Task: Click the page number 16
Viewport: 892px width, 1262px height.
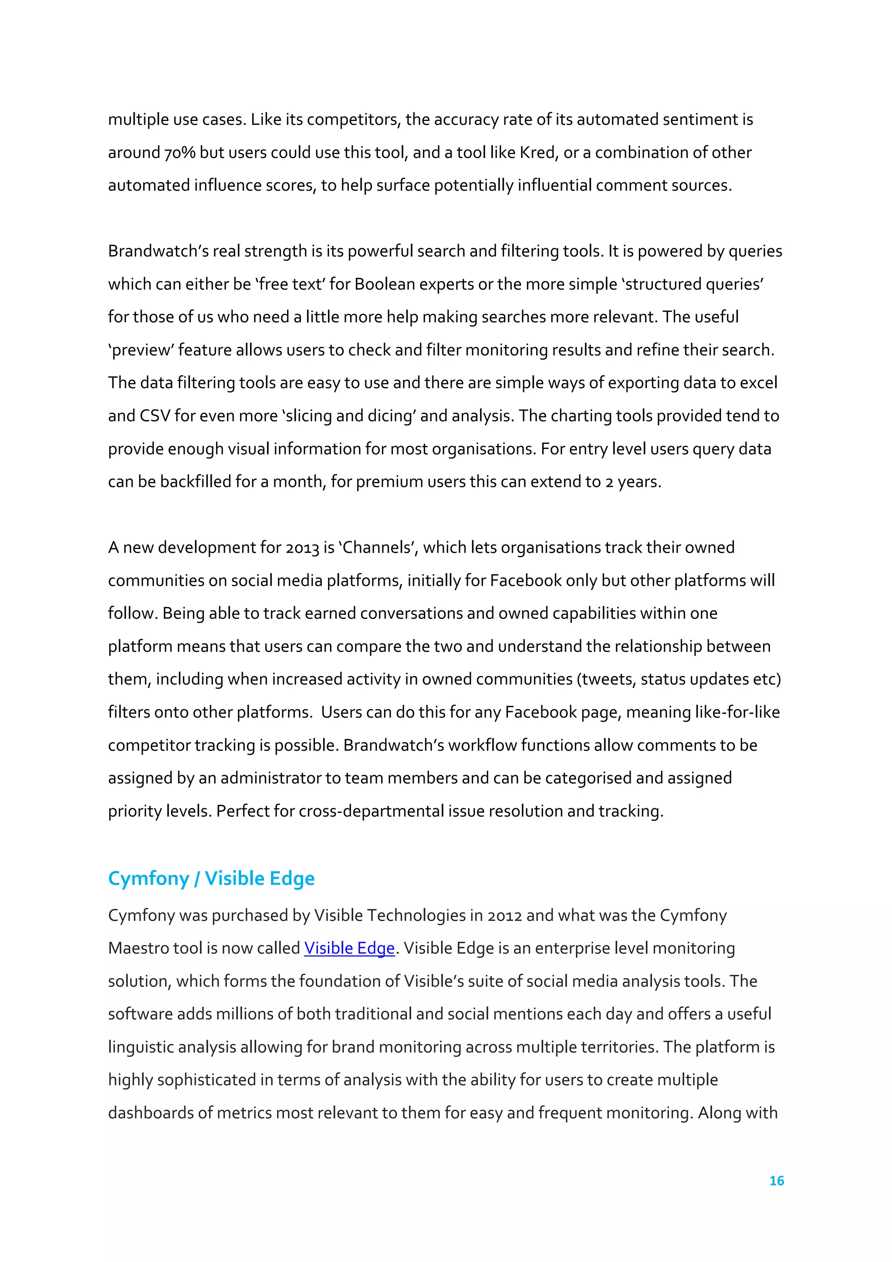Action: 776,1181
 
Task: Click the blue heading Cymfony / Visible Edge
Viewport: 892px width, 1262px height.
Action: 211,878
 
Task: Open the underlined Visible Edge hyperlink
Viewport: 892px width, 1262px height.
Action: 350,948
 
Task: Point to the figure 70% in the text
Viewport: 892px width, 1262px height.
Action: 180,153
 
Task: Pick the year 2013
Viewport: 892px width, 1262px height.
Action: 302,548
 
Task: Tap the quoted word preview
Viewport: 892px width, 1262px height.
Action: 142,350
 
